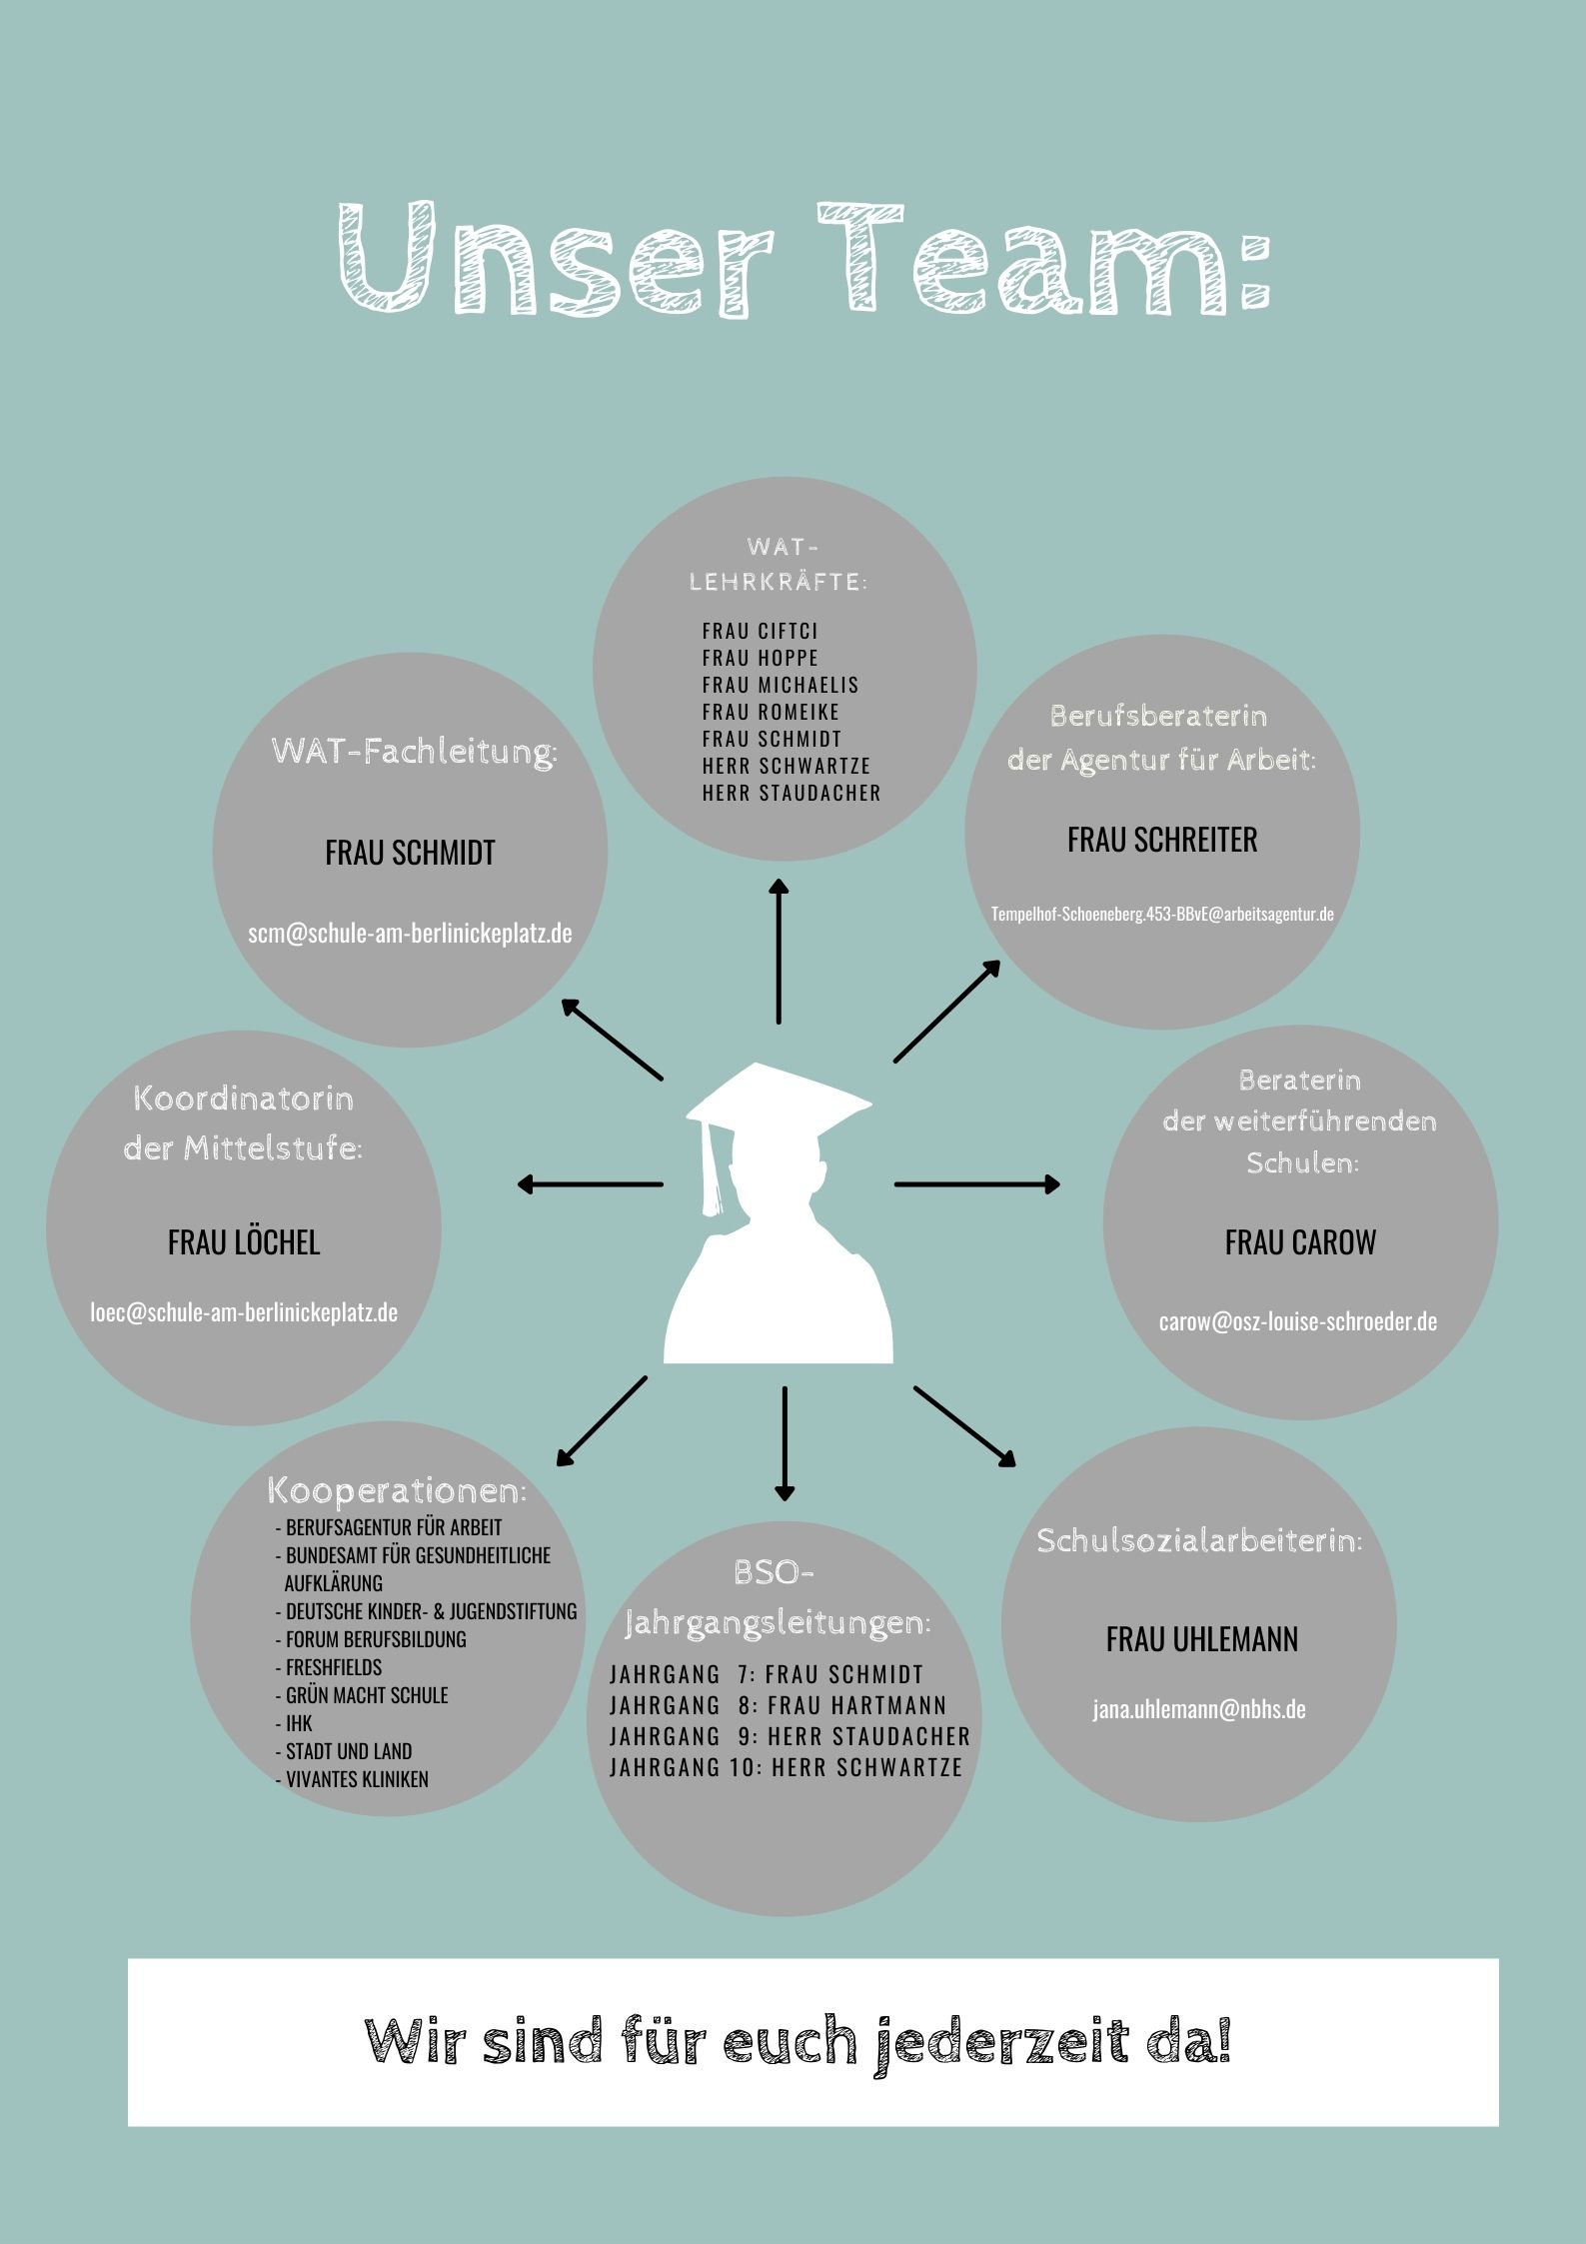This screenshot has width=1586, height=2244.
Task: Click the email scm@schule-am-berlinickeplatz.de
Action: (x=410, y=933)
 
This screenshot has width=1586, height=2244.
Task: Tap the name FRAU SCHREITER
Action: (x=1162, y=840)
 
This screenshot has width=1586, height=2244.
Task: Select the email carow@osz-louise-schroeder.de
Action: (x=1298, y=1321)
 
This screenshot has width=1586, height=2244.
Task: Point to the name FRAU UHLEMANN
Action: (x=1201, y=1639)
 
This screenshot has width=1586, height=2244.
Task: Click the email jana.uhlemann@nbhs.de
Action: (x=1198, y=1708)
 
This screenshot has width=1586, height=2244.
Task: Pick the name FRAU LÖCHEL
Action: (x=244, y=1242)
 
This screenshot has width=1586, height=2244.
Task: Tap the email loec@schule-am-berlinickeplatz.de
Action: (x=244, y=1311)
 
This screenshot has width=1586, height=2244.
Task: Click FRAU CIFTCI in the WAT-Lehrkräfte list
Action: (x=760, y=631)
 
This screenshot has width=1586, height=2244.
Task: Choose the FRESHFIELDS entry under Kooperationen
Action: (x=333, y=1666)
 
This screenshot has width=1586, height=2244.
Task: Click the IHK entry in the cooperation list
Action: (x=299, y=1722)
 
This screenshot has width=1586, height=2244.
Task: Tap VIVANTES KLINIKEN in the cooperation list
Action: (x=357, y=1778)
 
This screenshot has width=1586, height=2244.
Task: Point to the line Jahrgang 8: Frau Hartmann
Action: (x=778, y=1704)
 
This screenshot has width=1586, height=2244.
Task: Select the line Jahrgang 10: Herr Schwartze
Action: (x=786, y=1766)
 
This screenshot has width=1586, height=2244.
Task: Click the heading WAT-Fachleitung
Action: (x=414, y=752)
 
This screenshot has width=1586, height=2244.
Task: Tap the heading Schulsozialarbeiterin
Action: (x=1199, y=1540)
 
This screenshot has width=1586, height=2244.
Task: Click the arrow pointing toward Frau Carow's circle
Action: (x=976, y=1184)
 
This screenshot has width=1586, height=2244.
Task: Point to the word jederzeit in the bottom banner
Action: (x=999, y=2043)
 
